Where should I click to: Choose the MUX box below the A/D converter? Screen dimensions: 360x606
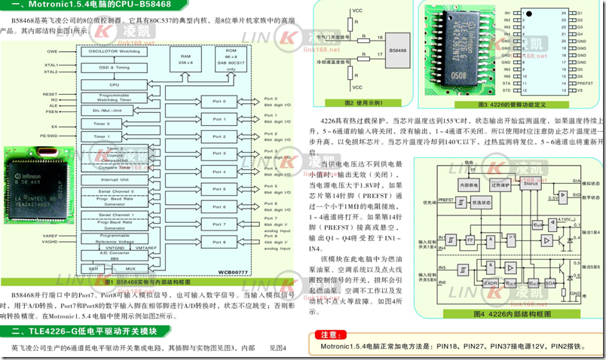coord(130,268)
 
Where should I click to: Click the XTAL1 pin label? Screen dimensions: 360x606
coord(51,65)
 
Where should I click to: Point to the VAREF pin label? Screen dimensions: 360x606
coord(51,236)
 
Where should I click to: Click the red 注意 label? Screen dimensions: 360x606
coord(329,334)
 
